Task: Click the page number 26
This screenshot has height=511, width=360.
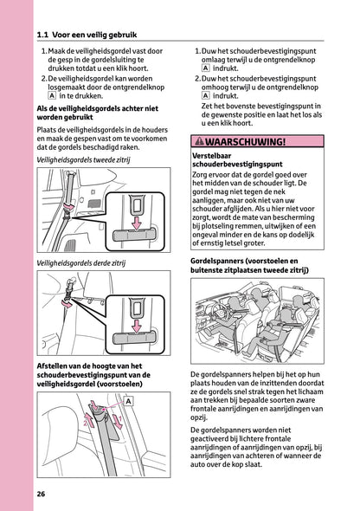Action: coord(41,495)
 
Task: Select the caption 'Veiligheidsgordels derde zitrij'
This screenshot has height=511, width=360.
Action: coord(81,262)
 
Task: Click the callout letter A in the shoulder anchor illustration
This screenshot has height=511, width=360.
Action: coord(128,403)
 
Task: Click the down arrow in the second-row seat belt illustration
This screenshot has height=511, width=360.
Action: coord(135,225)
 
